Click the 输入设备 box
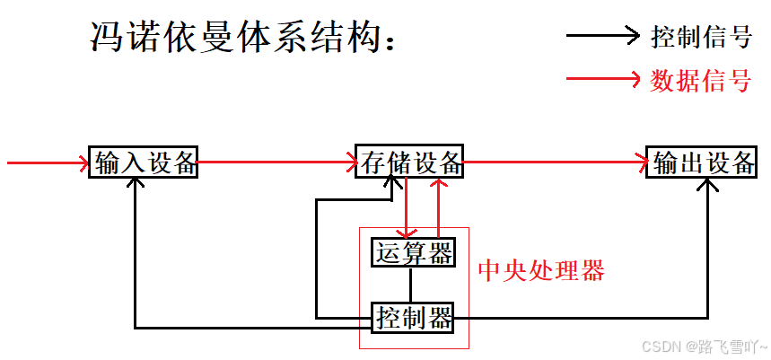[143, 162]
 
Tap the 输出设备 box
[703, 162]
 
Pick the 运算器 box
[412, 253]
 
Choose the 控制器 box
[412, 317]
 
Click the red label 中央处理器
[540, 270]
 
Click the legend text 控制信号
[700, 37]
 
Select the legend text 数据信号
[700, 80]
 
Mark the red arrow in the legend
[602, 80]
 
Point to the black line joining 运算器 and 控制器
[411, 285]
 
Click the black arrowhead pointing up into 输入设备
[135, 183]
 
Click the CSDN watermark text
[710, 345]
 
